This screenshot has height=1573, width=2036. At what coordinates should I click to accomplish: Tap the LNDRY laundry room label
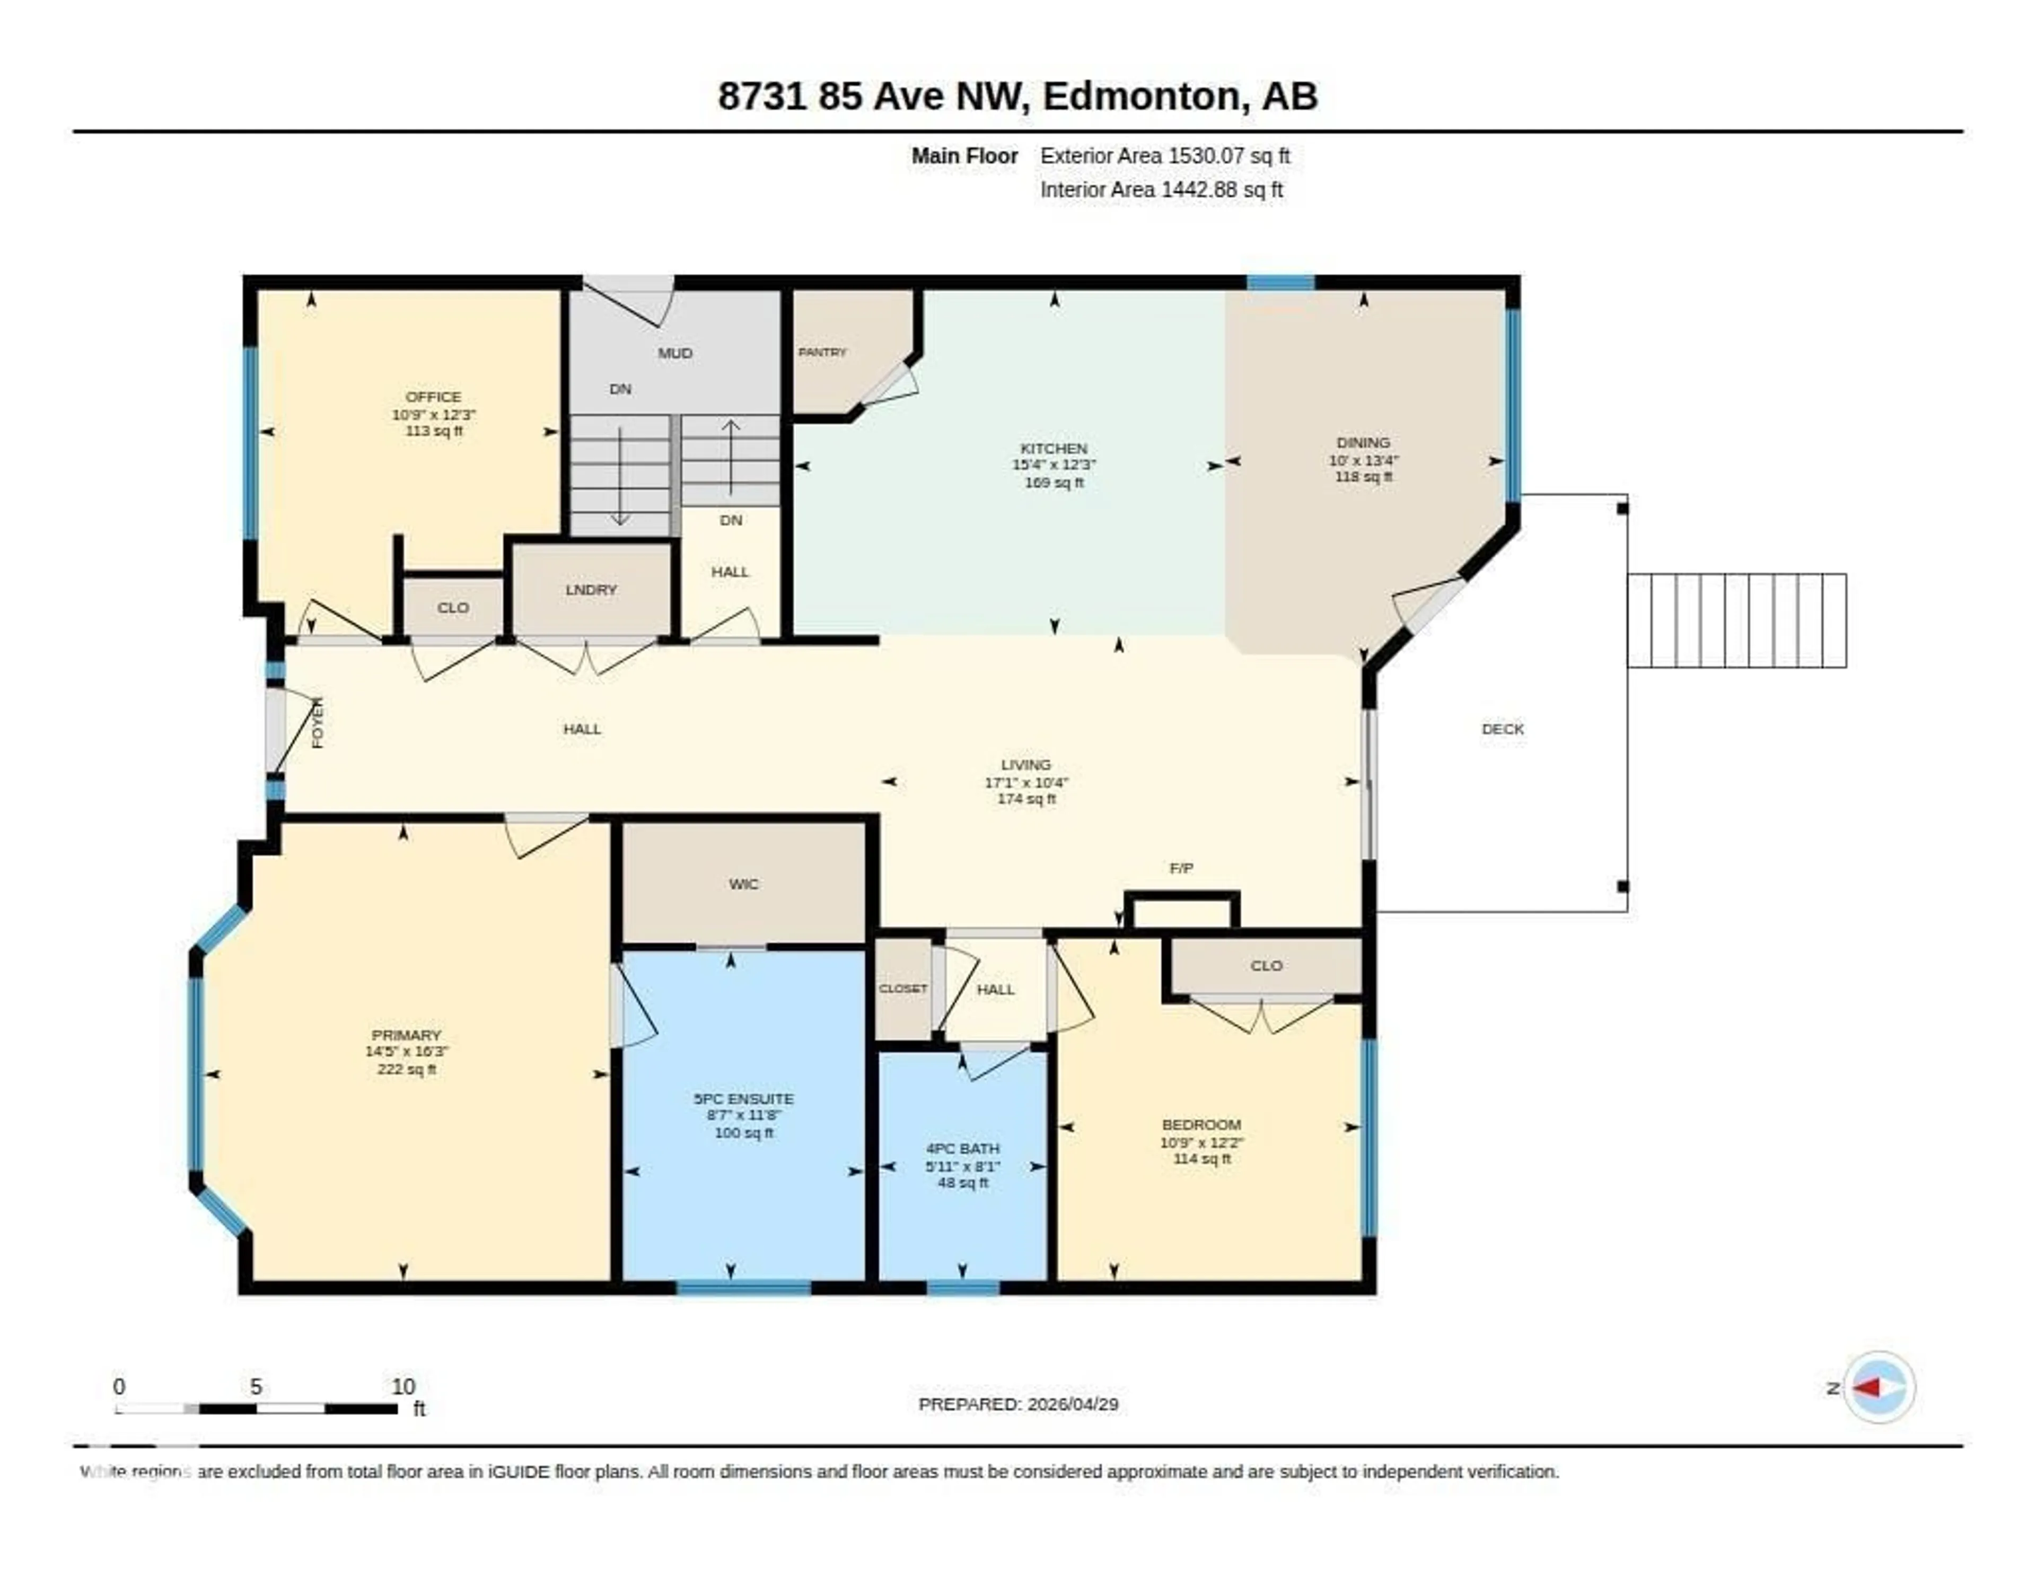coord(591,589)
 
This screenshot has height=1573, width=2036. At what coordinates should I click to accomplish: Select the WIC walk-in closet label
coord(743,883)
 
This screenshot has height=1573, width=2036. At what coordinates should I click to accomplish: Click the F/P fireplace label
coord(1181,868)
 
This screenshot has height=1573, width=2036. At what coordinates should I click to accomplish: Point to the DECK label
coord(1502,728)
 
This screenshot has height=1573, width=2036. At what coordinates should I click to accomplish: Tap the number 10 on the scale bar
coord(403,1386)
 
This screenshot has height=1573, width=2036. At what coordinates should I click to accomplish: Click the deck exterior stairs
coord(1736,620)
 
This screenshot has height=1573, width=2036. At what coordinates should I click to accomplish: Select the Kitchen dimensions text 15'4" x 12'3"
coord(1054,465)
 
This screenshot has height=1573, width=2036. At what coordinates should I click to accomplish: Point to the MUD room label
coord(675,353)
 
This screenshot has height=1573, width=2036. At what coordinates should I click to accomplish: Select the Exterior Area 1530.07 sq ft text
coord(1164,156)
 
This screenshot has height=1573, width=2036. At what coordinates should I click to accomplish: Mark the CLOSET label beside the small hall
coord(902,989)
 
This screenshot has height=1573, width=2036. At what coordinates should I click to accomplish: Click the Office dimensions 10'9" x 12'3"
coord(434,414)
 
